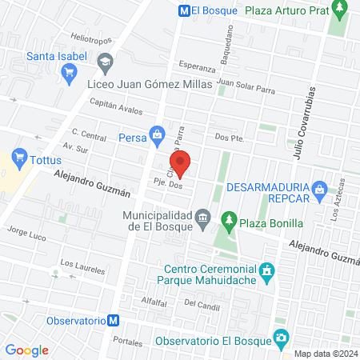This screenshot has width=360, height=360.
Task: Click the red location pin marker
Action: pos(181,163)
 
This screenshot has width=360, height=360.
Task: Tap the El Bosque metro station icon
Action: pos(184,11)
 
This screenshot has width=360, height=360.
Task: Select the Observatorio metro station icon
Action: pos(114,320)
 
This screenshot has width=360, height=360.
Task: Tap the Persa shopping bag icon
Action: pos(156,132)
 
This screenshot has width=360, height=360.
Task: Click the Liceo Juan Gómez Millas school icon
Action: pos(105,61)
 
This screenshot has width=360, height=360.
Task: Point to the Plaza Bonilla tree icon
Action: pos(228,220)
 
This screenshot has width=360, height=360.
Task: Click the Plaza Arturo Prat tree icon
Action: pos(341,10)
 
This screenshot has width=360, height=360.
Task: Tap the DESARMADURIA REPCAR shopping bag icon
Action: pos(319,189)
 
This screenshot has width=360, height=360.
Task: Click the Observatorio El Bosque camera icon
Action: pos(280,338)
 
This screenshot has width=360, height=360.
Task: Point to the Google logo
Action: pos(26,350)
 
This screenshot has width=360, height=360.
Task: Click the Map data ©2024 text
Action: pos(323,353)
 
